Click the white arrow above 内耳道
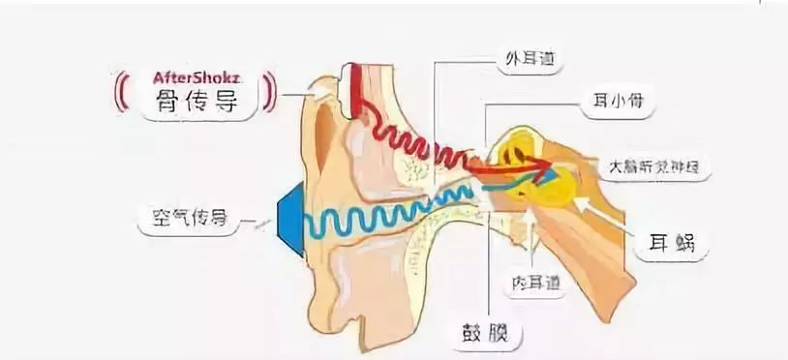pos(530,232)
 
